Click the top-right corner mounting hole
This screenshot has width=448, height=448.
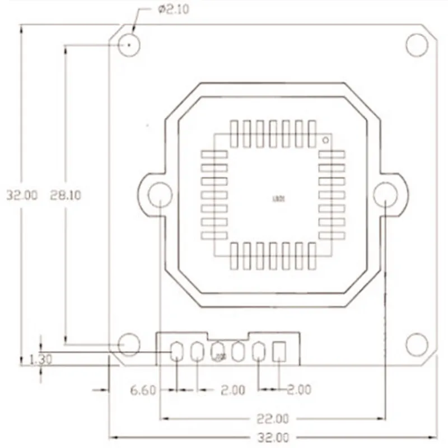(x=417, y=45)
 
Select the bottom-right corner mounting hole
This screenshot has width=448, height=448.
(x=417, y=344)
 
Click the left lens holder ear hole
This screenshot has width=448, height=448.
(x=160, y=195)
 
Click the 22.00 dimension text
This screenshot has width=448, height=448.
(x=274, y=418)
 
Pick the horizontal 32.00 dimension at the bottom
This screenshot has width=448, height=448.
(x=274, y=437)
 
